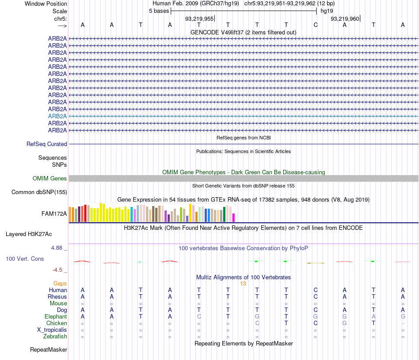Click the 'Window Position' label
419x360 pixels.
point(46,4)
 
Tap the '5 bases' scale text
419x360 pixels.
point(159,11)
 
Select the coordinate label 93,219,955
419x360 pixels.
point(199,19)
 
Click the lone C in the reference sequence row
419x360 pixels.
point(315,25)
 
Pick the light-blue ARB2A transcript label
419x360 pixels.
point(57,116)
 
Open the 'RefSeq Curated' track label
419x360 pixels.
point(47,144)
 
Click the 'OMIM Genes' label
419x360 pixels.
point(50,179)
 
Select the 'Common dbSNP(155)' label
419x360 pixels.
point(39,192)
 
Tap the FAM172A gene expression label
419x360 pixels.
point(54,214)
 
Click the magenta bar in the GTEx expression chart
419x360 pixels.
point(234,217)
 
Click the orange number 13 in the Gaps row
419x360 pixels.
point(243,284)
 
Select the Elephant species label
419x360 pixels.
point(56,317)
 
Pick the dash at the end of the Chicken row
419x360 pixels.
point(403,323)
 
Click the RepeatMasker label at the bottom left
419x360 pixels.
point(49,350)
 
